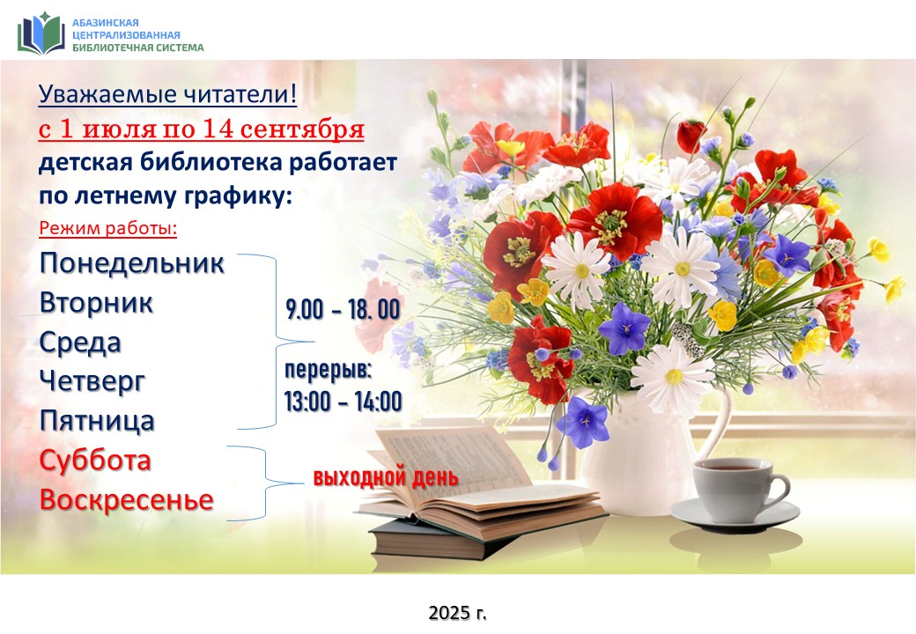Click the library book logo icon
tap(41, 33)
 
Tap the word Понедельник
tap(131, 263)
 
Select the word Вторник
tap(96, 303)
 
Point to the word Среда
tap(80, 343)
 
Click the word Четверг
tap(92, 382)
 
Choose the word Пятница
tap(97, 421)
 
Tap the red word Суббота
tap(95, 461)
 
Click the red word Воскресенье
tap(126, 500)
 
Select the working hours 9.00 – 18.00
tap(343, 309)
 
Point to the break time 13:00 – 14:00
tap(343, 402)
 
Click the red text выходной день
tap(386, 477)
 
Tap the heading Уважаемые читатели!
tap(167, 94)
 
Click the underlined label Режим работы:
tap(108, 228)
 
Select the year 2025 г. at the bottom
tap(457, 612)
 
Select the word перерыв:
tap(329, 370)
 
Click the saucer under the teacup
tap(735, 515)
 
